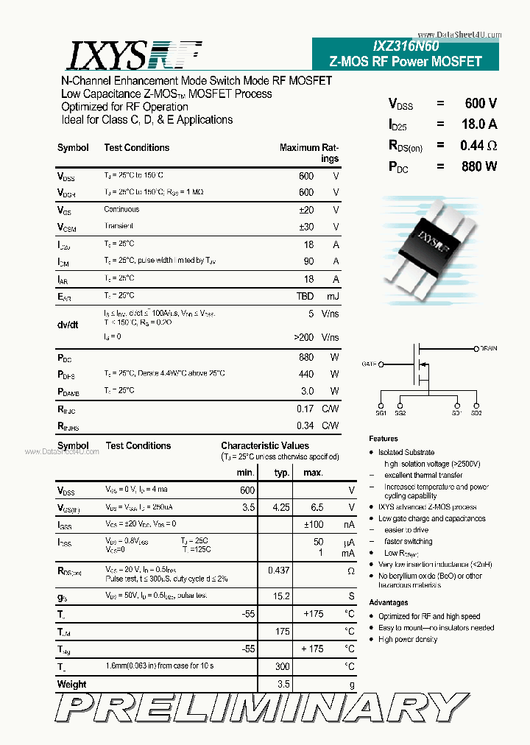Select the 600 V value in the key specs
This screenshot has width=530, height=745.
tap(480, 104)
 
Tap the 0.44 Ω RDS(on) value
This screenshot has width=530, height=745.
tap(478, 146)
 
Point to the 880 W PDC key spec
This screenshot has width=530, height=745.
tap(479, 166)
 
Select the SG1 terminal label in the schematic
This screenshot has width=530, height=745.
tap(381, 414)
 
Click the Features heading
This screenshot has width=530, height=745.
tap(384, 439)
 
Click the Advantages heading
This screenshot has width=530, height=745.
tap(389, 603)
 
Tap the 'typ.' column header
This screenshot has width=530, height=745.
tap(281, 473)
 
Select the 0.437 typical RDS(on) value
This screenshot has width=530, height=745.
tap(278, 571)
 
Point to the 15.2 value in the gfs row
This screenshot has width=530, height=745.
tap(280, 596)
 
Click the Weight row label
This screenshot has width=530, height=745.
tap(71, 684)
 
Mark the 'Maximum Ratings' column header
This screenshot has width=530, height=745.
tap(309, 152)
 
